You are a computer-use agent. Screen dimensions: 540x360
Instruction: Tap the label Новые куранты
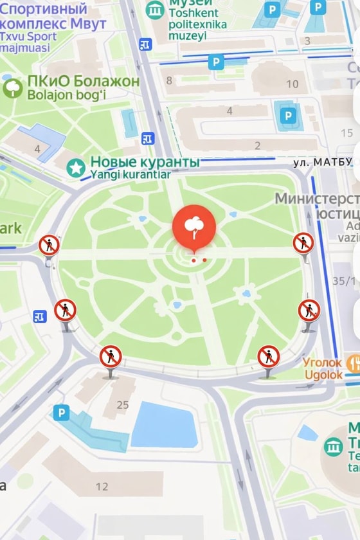(145, 162)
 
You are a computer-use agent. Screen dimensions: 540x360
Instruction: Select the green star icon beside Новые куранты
(76, 168)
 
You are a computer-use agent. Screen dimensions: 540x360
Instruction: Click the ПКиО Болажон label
(83, 82)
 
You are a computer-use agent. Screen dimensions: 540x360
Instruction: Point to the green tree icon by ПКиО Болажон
(13, 88)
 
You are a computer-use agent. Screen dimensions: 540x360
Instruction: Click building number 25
(122, 405)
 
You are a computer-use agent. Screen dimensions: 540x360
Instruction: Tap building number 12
(102, 487)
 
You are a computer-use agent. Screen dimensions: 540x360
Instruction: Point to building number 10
(292, 84)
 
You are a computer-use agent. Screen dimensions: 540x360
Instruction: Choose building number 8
(169, 80)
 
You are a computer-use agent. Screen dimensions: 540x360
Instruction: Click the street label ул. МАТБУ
(323, 163)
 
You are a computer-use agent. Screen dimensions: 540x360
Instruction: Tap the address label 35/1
(344, 281)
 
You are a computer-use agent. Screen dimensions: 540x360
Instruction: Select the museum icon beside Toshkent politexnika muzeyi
(155, 10)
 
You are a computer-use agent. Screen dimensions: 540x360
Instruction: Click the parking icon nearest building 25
(61, 413)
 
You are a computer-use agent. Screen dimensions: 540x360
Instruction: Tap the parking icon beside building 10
(287, 116)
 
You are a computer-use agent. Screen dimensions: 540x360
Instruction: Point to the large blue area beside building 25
(164, 424)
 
